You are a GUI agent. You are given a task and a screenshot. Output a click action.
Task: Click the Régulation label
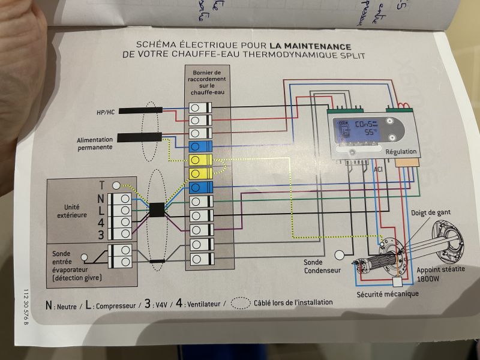click(x=400, y=152)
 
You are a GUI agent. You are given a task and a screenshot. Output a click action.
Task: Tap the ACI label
click(x=379, y=170)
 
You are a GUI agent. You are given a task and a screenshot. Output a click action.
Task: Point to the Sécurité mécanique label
click(x=388, y=294)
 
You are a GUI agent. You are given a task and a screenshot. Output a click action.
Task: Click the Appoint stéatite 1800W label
click(x=440, y=274)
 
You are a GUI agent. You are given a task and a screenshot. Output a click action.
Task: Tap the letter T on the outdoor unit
click(x=101, y=185)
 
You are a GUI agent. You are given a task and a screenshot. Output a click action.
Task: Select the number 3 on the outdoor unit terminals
click(x=101, y=234)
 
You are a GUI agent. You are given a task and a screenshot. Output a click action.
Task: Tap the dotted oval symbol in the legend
click(x=241, y=302)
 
